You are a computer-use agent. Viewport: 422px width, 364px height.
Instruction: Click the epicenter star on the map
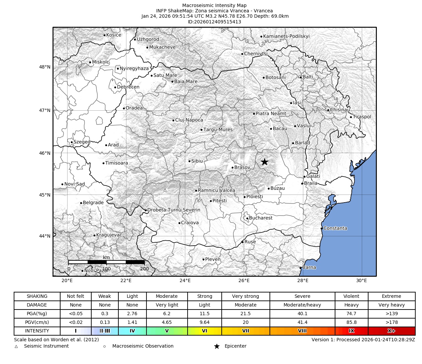(265, 162)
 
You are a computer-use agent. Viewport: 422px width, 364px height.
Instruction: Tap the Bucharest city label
(260, 218)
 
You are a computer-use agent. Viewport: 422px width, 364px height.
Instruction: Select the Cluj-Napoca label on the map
(189, 120)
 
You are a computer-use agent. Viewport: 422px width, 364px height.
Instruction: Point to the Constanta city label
(335, 228)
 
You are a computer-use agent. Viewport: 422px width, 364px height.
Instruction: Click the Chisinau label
(340, 110)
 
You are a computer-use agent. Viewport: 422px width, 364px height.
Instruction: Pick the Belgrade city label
(93, 203)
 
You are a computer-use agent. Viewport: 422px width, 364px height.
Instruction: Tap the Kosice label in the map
(114, 35)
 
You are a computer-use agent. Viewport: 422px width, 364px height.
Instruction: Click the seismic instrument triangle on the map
(165, 190)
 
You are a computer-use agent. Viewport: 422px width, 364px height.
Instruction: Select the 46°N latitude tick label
(44, 153)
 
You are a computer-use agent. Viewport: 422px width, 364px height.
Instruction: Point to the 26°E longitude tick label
(244, 280)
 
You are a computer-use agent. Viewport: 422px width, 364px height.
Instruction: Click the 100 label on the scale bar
(107, 269)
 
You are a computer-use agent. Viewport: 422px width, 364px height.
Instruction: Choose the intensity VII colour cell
(245, 331)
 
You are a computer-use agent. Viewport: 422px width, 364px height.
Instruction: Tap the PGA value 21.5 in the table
(245, 314)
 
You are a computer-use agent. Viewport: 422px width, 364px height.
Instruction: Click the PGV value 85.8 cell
(351, 322)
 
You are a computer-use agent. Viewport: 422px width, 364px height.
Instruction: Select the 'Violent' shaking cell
(351, 296)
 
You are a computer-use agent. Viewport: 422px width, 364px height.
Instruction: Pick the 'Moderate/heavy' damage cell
(302, 305)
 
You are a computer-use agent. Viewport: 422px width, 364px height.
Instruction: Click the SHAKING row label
(37, 296)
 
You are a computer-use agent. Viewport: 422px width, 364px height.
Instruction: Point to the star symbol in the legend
(217, 346)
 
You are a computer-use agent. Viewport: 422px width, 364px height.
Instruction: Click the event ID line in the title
(214, 22)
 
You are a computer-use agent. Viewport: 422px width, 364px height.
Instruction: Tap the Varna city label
(309, 267)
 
